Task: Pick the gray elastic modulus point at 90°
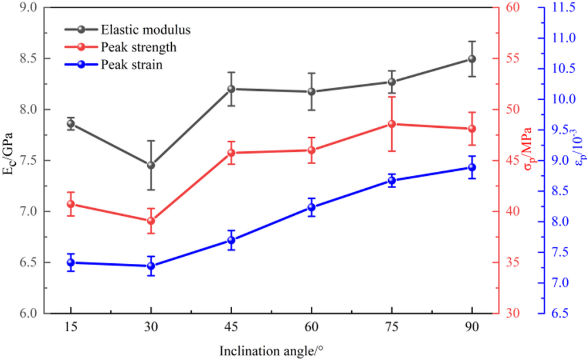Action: tap(471, 59)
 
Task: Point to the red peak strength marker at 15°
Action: tap(70, 204)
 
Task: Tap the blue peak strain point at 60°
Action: tap(311, 207)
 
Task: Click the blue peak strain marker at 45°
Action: tap(231, 240)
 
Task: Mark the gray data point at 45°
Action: tap(231, 89)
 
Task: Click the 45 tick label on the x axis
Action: tap(231, 326)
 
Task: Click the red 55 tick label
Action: tap(512, 59)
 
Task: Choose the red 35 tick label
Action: tap(512, 263)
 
